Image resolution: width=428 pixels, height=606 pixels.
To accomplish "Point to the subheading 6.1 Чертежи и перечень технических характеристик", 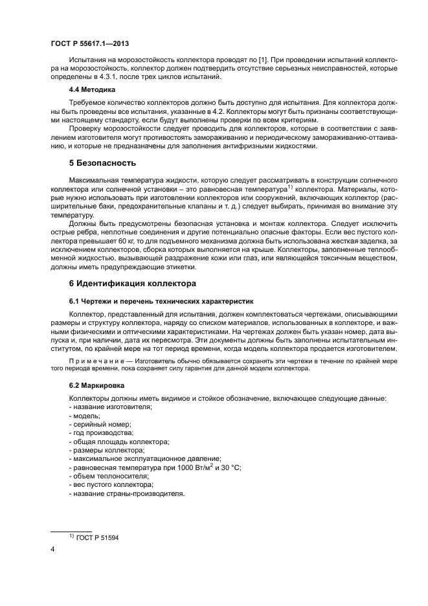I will (x=162, y=301).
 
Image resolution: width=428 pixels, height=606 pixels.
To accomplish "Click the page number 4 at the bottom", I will (x=52, y=549).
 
